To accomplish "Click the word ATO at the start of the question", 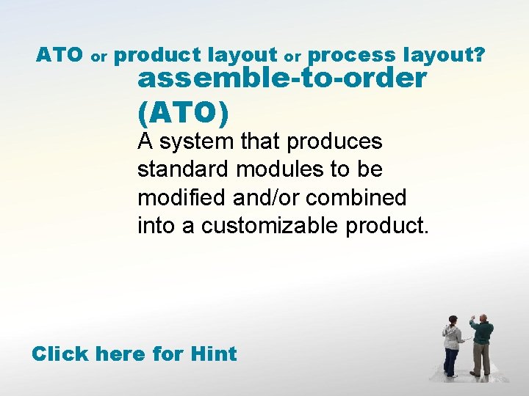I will click(60, 55).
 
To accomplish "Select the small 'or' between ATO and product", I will click(100, 56).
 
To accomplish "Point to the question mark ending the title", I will click(479, 55).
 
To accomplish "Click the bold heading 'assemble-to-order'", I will click(281, 78).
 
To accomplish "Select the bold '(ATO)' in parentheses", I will click(183, 112).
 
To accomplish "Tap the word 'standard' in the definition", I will click(184, 169).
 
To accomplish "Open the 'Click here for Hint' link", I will click(134, 354).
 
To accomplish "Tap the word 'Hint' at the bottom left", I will click(213, 354).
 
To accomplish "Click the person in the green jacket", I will click(481, 345).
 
